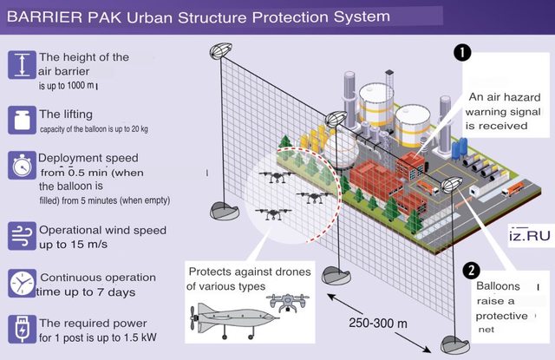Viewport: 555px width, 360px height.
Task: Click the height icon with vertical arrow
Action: [x=20, y=66]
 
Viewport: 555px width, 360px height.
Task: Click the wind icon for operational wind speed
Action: [x=20, y=234]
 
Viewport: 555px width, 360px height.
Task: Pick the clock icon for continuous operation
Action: [x=20, y=284]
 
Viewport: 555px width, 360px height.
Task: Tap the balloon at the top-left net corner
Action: [x=220, y=51]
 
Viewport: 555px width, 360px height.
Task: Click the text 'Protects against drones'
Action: [x=249, y=270]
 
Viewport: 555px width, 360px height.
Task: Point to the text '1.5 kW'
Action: [x=144, y=337]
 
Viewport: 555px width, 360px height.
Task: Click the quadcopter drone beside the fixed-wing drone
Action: [x=288, y=304]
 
